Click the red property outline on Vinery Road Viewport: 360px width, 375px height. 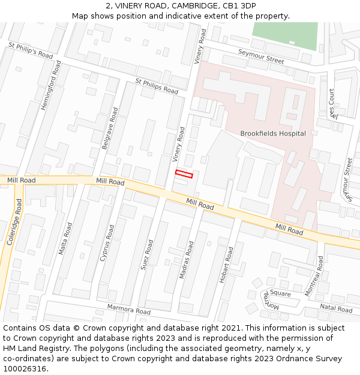pyautogui.click(x=184, y=174)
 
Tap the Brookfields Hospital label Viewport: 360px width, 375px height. pyautogui.click(x=273, y=133)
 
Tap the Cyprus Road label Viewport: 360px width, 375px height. pyautogui.click(x=107, y=244)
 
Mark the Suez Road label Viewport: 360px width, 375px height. pyautogui.click(x=147, y=254)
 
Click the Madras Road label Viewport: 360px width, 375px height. pyautogui.click(x=187, y=260)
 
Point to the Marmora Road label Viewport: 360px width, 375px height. pyautogui.click(x=128, y=310)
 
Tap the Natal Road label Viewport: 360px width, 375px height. pyautogui.click(x=336, y=308)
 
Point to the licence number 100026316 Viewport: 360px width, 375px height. pyautogui.click(x=25, y=369)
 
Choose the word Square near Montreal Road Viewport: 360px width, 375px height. pyautogui.click(x=280, y=293)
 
